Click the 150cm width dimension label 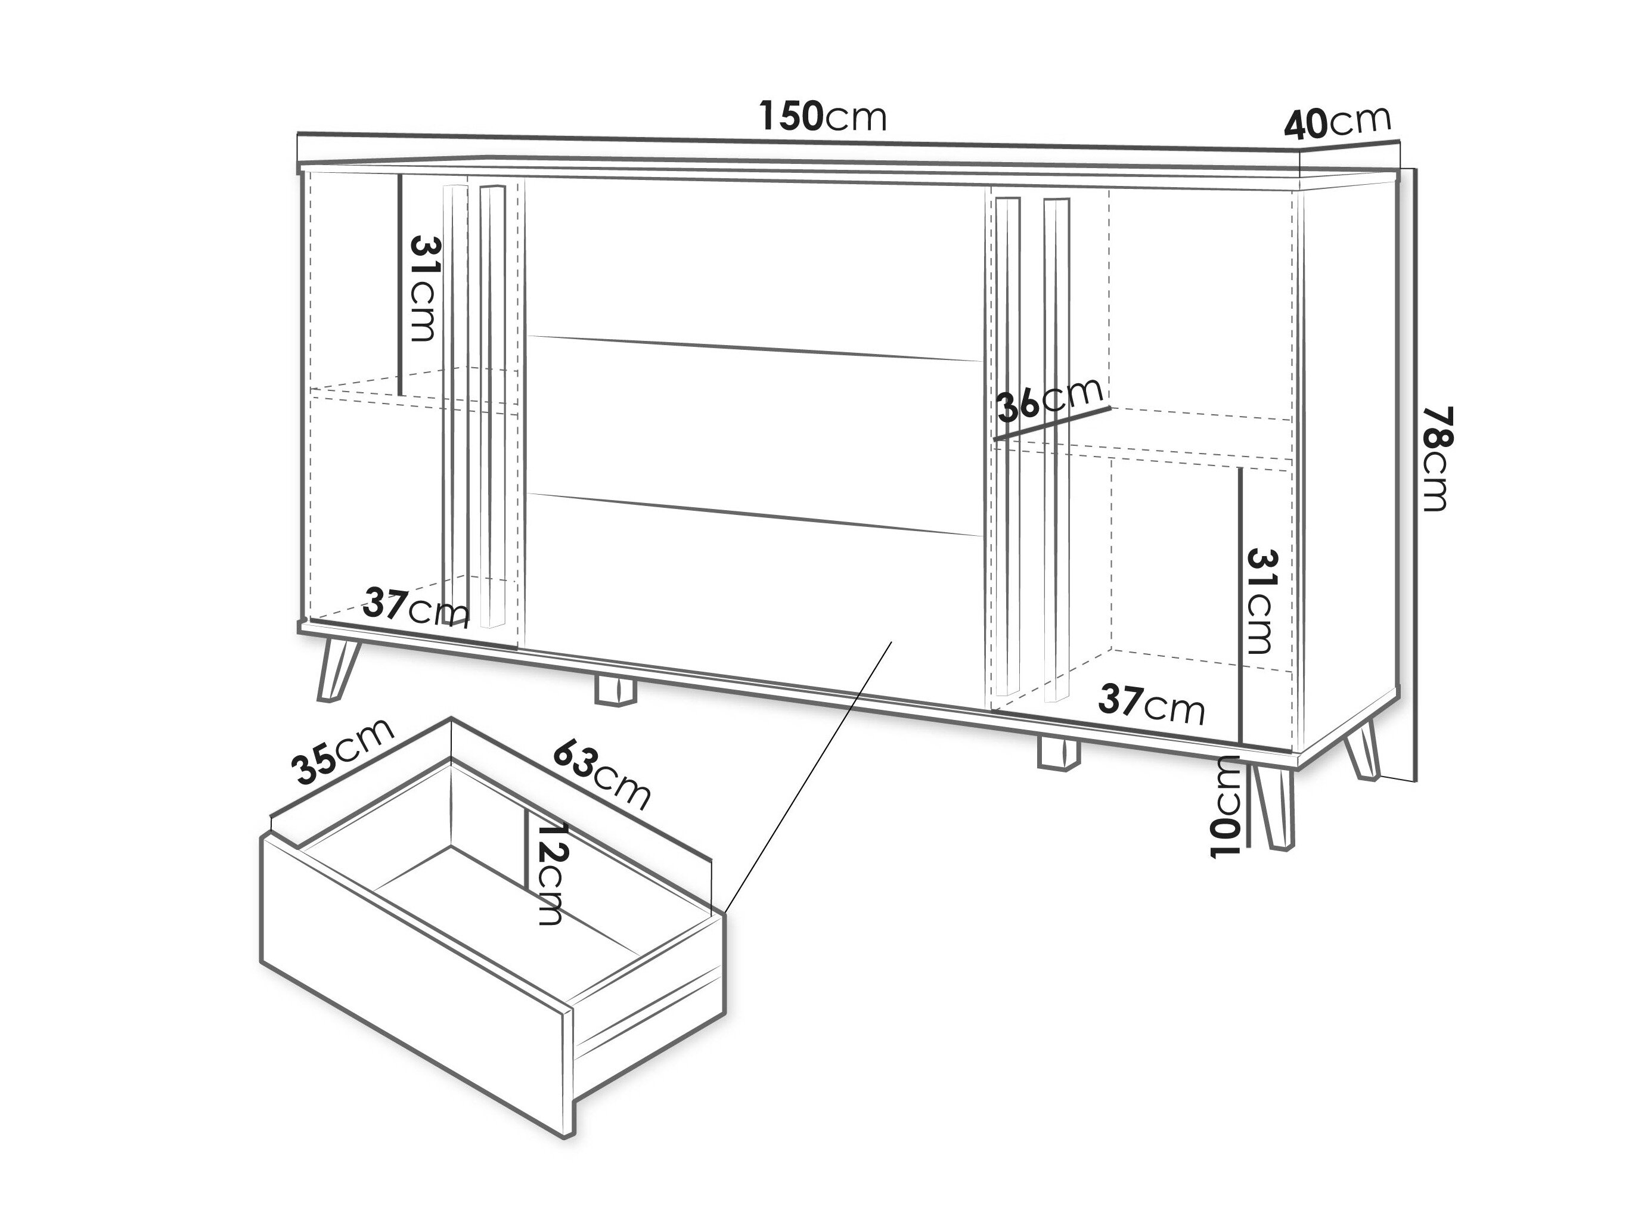tap(823, 116)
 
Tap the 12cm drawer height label tap(551, 874)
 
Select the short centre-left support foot tap(615, 690)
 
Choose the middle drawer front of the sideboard tap(754, 436)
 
